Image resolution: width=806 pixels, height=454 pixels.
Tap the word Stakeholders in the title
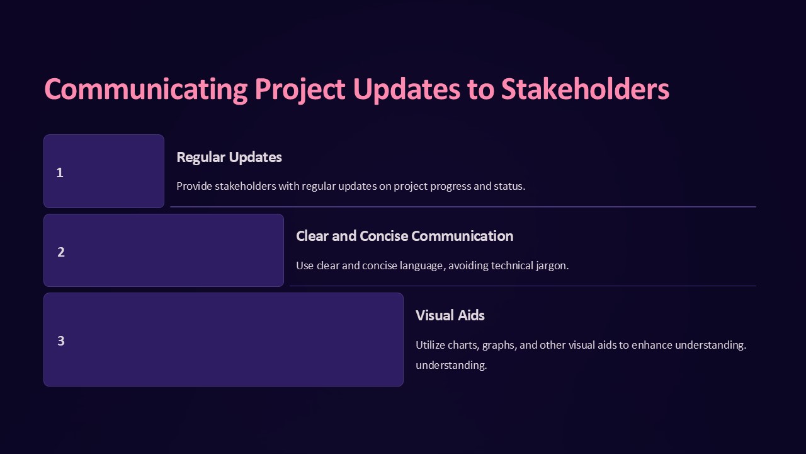tap(585, 90)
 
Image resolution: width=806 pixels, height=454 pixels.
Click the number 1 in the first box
tap(60, 172)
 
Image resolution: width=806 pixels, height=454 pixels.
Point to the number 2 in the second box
tap(61, 252)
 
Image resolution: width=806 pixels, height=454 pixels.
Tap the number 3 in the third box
tap(61, 340)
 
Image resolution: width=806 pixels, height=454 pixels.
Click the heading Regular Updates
tap(229, 157)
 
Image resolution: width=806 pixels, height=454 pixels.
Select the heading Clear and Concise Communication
tap(404, 236)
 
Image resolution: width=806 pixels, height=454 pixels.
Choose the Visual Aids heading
tap(450, 315)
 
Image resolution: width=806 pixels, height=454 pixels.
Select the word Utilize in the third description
tap(430, 345)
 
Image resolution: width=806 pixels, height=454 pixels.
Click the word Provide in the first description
tap(194, 187)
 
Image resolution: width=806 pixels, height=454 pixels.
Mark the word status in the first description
tap(509, 187)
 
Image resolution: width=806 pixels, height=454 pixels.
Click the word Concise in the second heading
tap(383, 236)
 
